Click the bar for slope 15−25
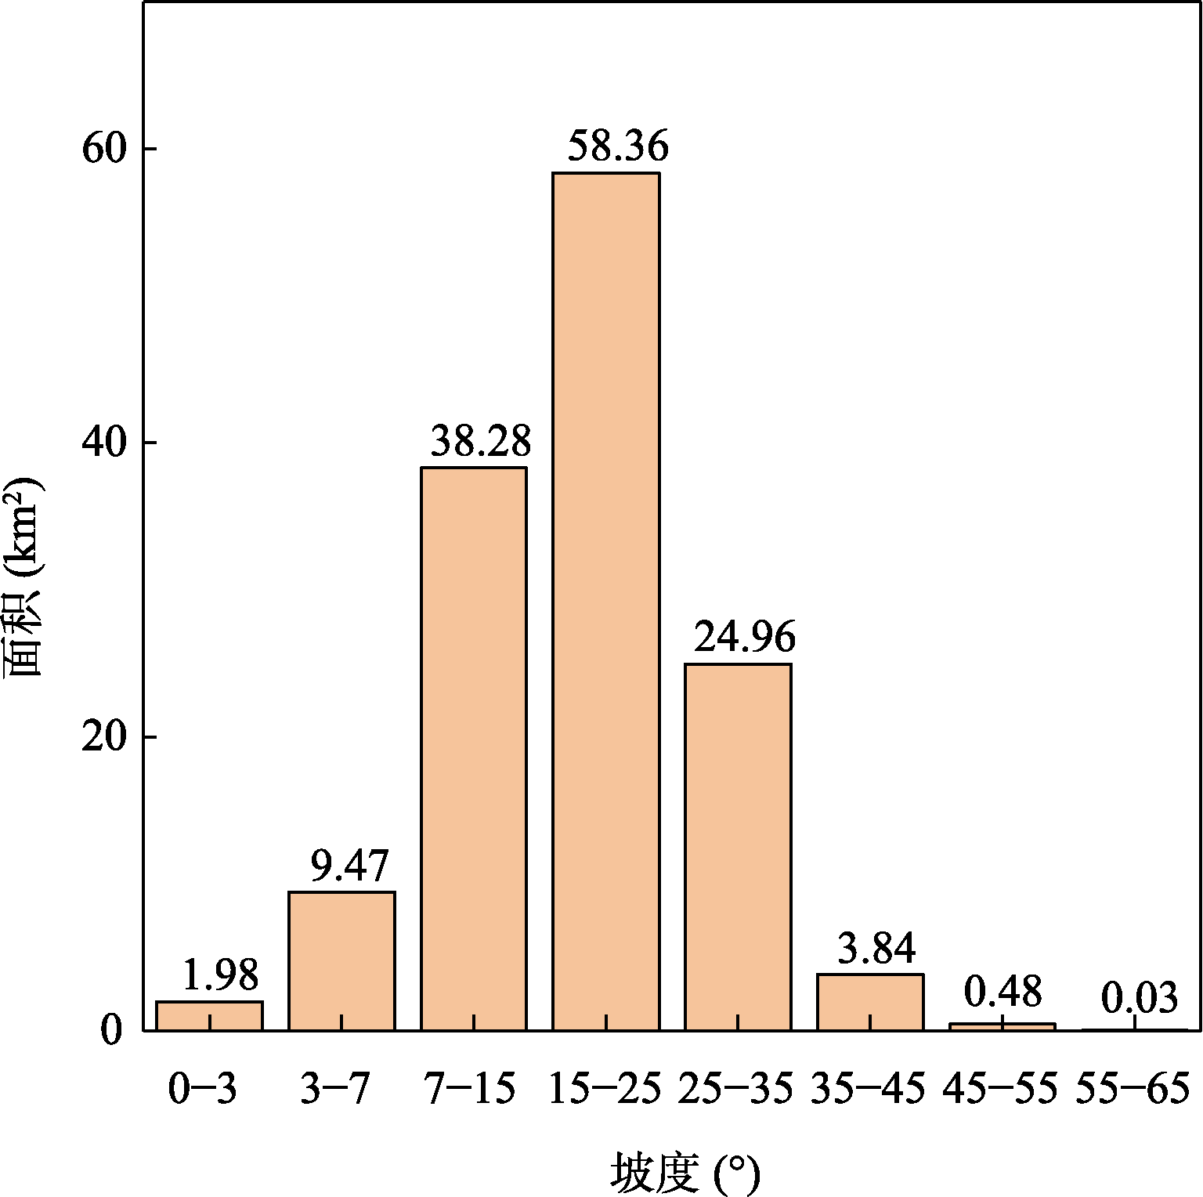(x=605, y=601)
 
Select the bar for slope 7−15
(x=474, y=748)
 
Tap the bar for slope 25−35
(x=738, y=847)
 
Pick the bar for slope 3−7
(x=341, y=960)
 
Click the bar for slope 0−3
(x=209, y=1015)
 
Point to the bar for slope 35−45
(x=870, y=1002)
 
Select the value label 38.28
(x=481, y=442)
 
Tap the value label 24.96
(x=744, y=638)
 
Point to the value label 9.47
(x=349, y=866)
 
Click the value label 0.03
(x=1140, y=999)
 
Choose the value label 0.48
(x=1002, y=992)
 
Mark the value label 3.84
(x=876, y=949)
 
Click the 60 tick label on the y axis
(x=104, y=149)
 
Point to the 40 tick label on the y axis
(x=104, y=443)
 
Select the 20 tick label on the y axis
(x=104, y=737)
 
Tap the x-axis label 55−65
(x=1133, y=1089)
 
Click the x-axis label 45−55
(x=1001, y=1089)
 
